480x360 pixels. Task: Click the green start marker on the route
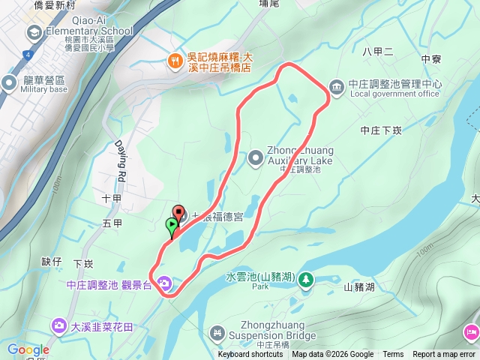pos(172,224)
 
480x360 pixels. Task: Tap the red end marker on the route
pos(178,212)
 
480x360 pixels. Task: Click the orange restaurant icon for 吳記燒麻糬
pos(175,61)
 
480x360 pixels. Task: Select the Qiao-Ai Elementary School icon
pos(34,32)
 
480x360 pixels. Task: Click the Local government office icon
pos(337,87)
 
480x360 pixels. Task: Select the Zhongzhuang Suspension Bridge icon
pos(217,331)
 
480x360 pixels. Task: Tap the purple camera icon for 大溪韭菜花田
pos(58,325)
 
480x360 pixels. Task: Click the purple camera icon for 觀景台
pos(164,283)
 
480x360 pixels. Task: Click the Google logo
pos(28,349)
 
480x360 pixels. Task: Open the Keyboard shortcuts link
pos(250,355)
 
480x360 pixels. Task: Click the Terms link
pos(393,355)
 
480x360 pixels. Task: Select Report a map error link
pos(445,355)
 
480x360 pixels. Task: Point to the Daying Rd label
pos(120,162)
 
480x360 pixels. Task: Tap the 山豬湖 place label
pos(358,286)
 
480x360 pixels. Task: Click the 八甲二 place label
pos(377,52)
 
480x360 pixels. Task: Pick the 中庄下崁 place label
pos(381,130)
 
